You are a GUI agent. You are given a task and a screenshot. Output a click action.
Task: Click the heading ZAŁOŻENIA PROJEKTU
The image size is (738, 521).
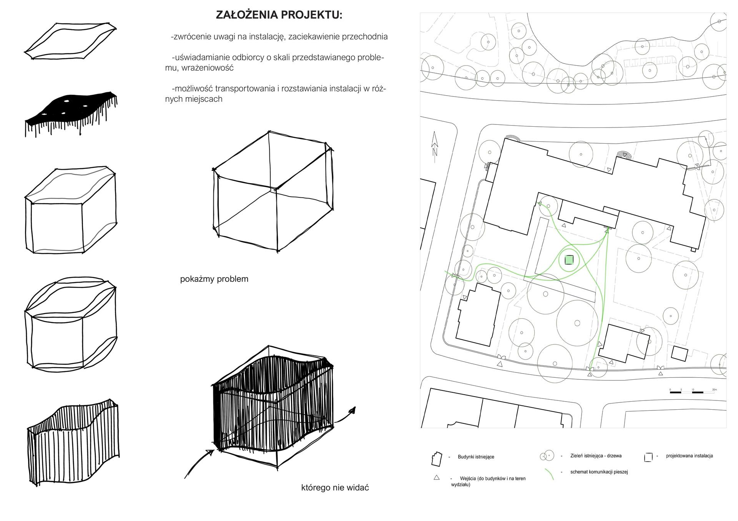pos(279,15)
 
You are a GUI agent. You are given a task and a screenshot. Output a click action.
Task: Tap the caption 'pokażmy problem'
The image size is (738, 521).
pos(214,279)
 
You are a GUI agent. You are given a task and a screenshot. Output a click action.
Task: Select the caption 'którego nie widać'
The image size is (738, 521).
pos(335,488)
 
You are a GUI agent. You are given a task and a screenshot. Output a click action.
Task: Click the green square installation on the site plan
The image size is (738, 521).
pos(569,260)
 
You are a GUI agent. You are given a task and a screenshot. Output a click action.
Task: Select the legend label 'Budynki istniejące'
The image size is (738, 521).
pos(476,457)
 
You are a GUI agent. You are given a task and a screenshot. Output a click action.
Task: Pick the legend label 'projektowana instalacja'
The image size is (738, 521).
pos(689,456)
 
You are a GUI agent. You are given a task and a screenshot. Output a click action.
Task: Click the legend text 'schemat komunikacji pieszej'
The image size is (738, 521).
pos(599,472)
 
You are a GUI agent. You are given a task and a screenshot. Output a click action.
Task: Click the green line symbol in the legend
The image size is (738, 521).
pos(549,475)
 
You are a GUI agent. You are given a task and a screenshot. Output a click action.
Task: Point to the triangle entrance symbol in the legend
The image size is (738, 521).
pos(436,478)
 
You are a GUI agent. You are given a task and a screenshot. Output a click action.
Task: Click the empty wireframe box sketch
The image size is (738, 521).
pos(274,192)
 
